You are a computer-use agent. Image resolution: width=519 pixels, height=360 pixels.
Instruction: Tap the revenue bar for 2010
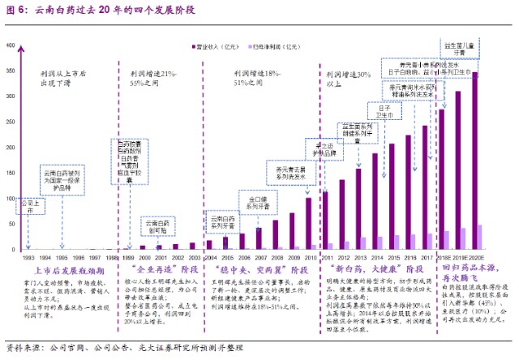point(308,222)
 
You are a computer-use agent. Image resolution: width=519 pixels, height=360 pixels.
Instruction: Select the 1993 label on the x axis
point(29,256)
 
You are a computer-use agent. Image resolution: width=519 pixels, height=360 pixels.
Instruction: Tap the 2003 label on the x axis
point(193,256)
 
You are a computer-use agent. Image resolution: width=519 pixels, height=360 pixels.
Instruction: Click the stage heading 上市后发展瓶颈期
point(66,268)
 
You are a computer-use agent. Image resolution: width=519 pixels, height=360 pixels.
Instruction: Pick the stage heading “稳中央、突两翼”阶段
point(261,268)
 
